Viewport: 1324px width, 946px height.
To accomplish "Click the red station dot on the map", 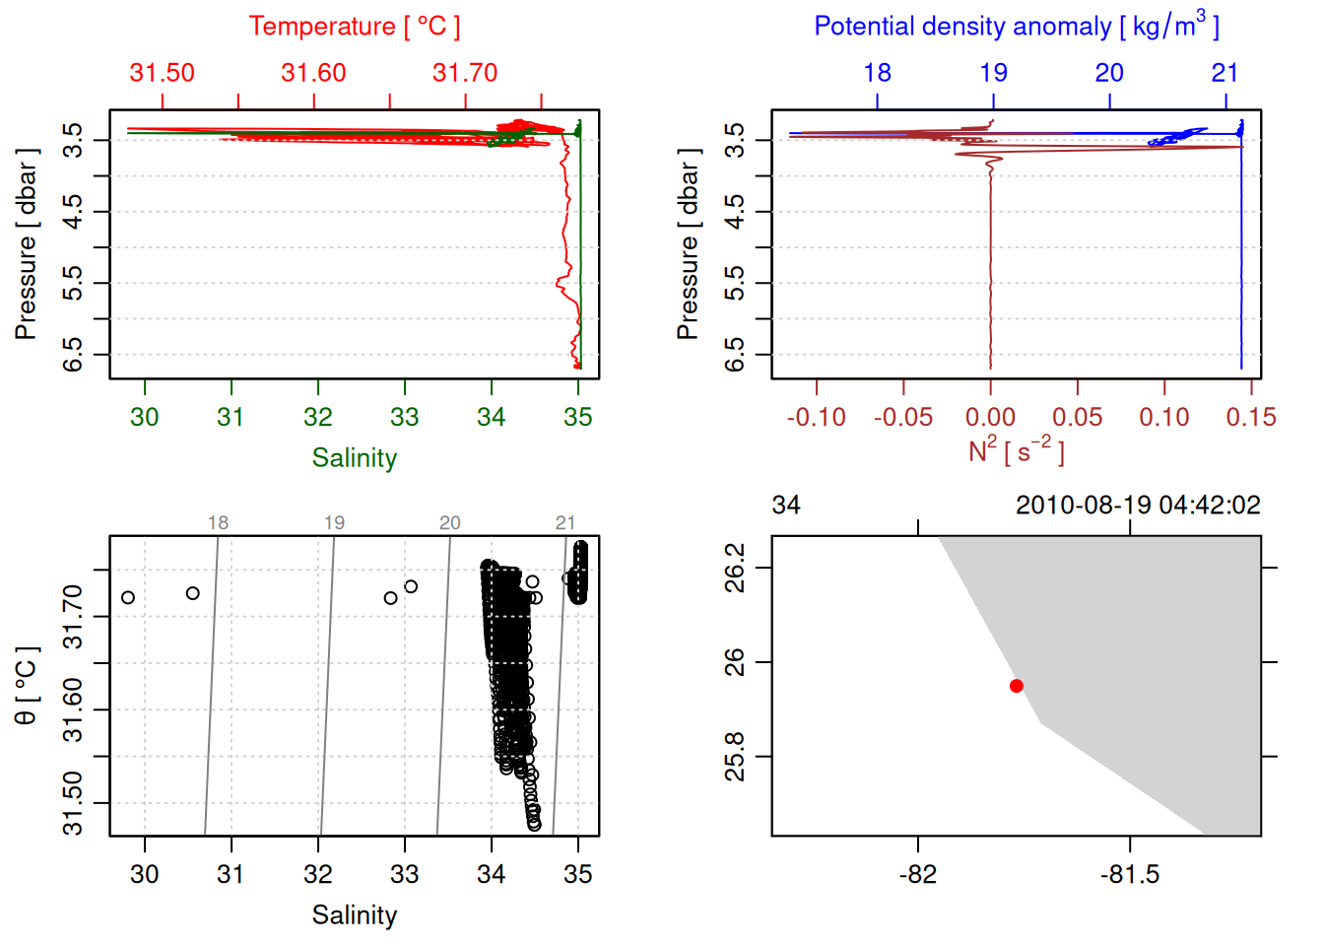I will pyautogui.click(x=1017, y=686).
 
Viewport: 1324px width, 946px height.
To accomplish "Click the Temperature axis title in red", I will pyautogui.click(x=354, y=27).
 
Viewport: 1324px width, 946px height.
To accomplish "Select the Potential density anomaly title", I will pyautogui.click(x=1016, y=27).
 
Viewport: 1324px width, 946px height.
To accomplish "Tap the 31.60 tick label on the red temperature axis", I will pyautogui.click(x=313, y=73).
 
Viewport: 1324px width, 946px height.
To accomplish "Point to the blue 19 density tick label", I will pyautogui.click(x=993, y=73).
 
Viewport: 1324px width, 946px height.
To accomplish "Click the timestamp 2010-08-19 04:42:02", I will pyautogui.click(x=1138, y=506).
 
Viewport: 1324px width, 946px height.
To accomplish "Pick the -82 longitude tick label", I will pyautogui.click(x=918, y=874).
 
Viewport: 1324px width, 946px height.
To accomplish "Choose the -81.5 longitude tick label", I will pyautogui.click(x=1130, y=874).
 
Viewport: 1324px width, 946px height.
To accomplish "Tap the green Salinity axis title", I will pyautogui.click(x=354, y=458).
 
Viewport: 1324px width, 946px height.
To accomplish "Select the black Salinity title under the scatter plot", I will pyautogui.click(x=354, y=915).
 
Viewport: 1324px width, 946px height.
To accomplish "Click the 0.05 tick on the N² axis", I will pyautogui.click(x=1078, y=418).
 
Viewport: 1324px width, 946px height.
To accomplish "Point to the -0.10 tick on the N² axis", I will pyautogui.click(x=816, y=418).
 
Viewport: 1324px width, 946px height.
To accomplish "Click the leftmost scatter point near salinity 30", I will pyautogui.click(x=128, y=598).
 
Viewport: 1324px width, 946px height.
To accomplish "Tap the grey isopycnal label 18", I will pyautogui.click(x=218, y=523).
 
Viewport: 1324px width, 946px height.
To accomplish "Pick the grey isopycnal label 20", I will pyautogui.click(x=450, y=523).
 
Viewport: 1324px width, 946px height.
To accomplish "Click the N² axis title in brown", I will pyautogui.click(x=1016, y=451).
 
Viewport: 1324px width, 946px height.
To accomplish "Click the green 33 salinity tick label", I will pyautogui.click(x=405, y=418).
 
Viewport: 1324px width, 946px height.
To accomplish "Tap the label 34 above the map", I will pyautogui.click(x=786, y=506).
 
